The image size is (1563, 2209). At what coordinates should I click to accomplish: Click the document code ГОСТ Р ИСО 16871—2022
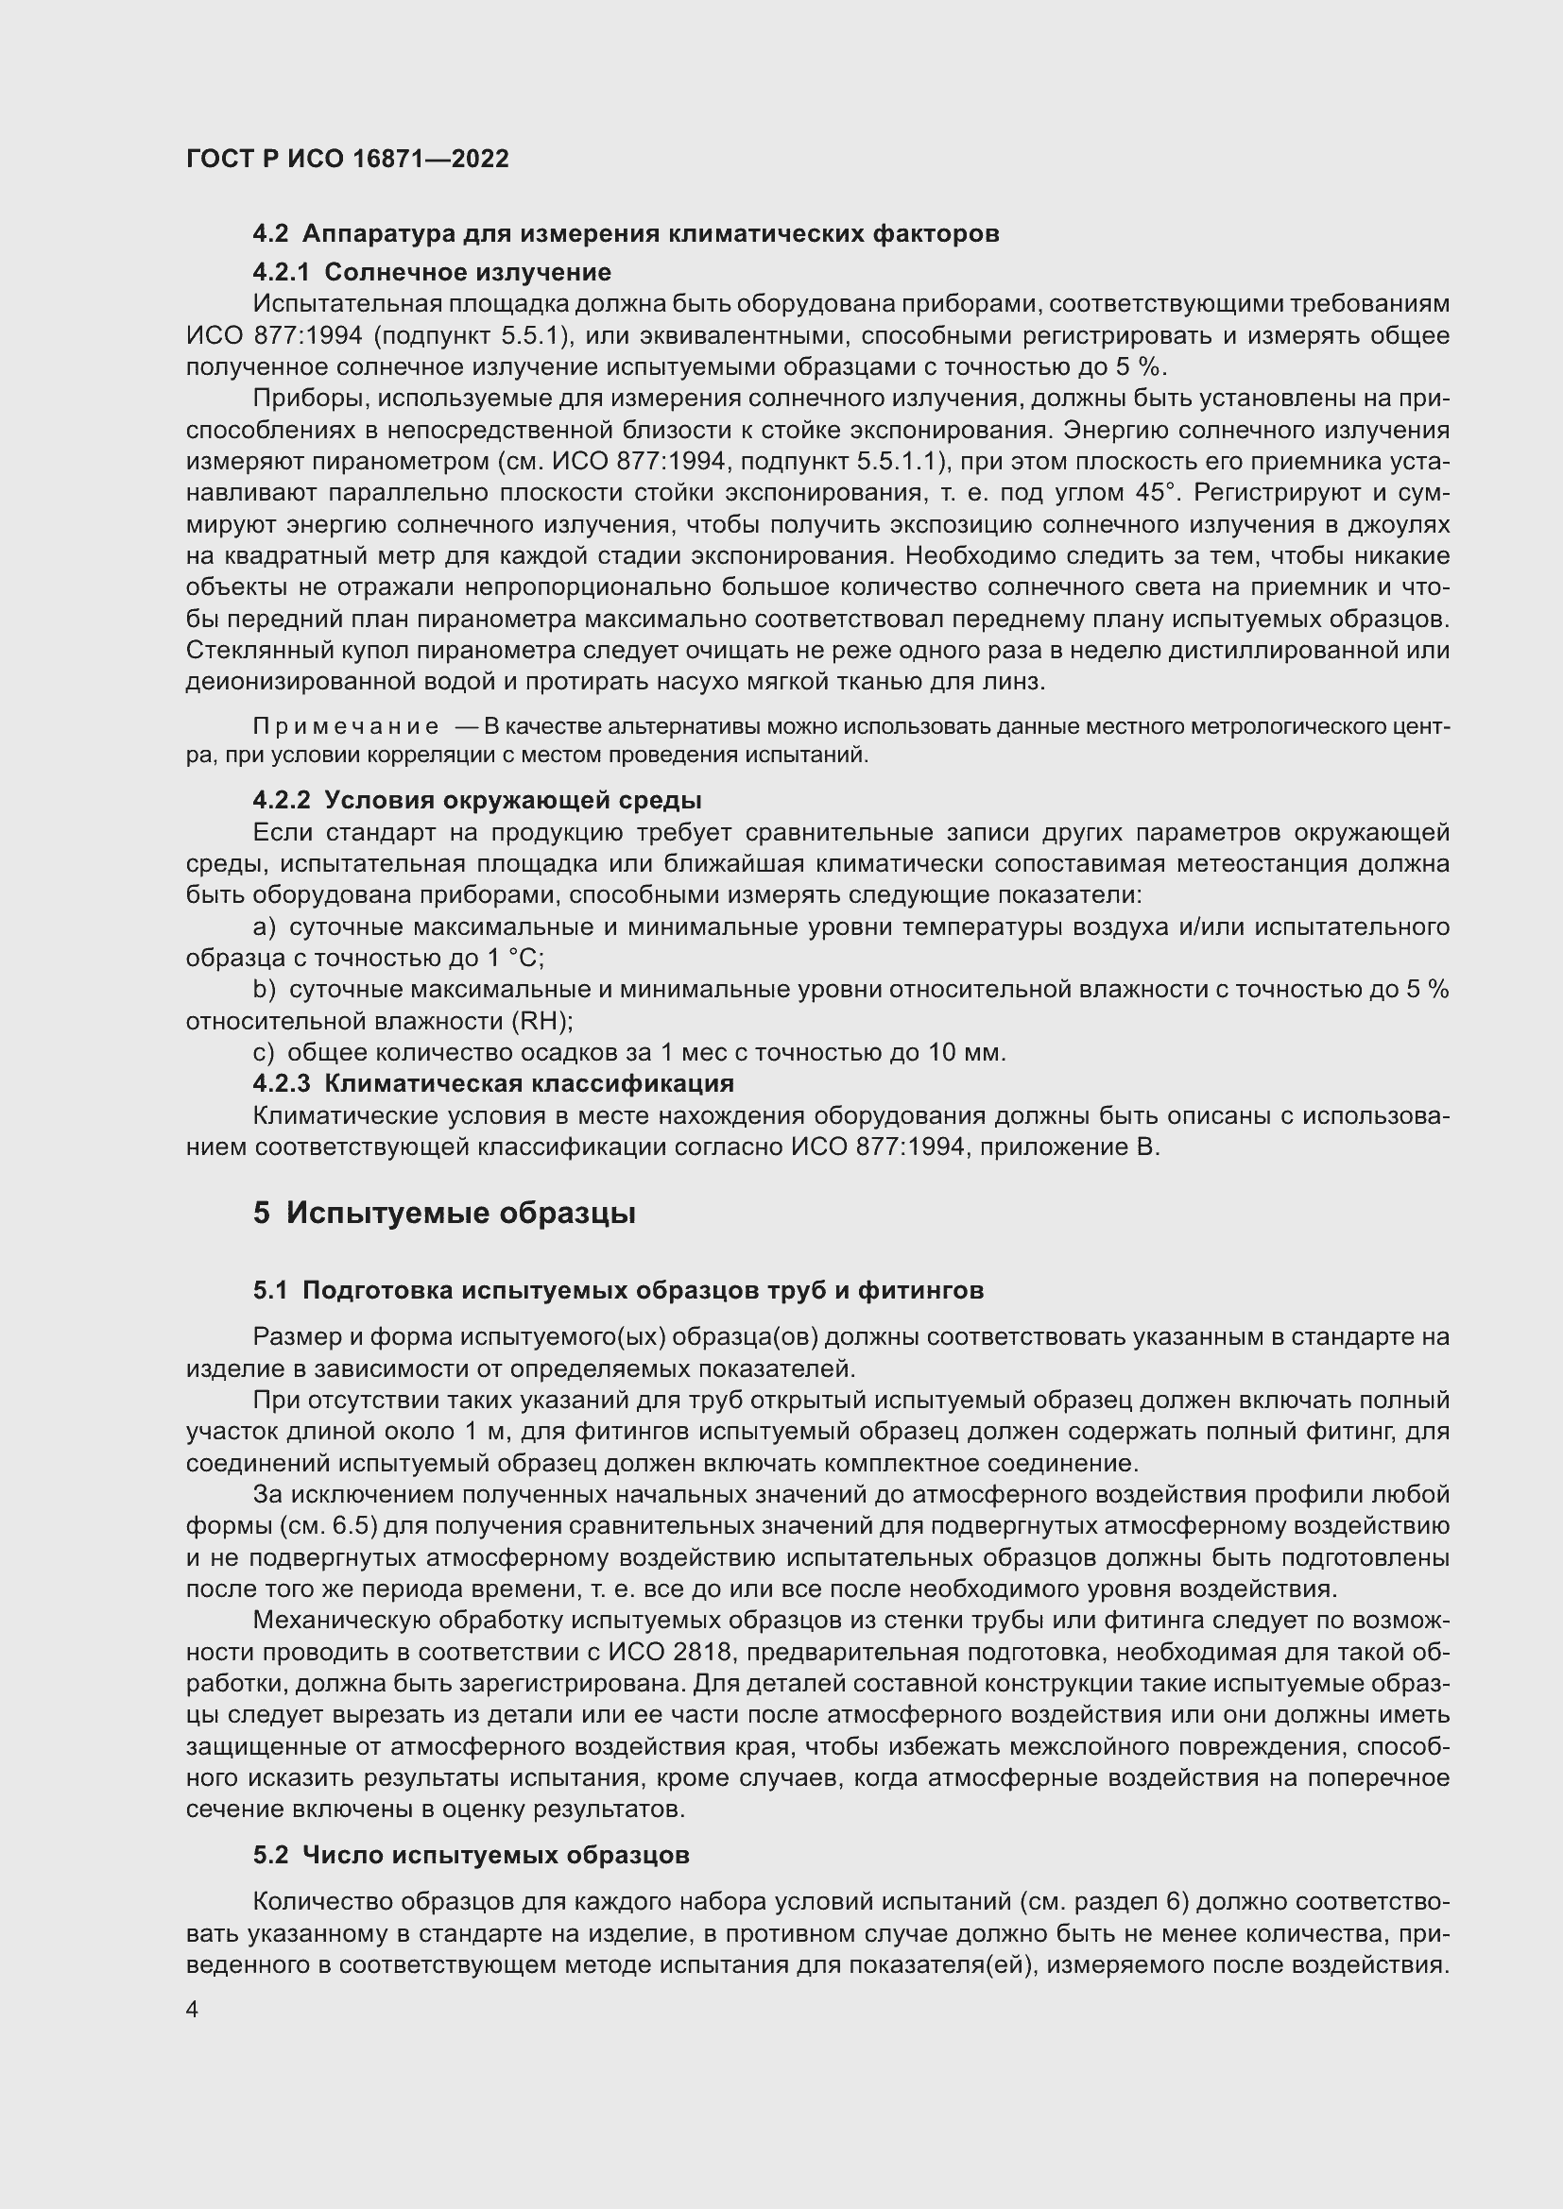click(x=348, y=159)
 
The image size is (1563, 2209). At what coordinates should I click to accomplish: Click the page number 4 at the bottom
click(x=193, y=2010)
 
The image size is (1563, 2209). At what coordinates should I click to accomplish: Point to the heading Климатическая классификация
click(x=528, y=1083)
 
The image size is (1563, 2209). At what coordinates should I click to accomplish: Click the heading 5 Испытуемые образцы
click(x=445, y=1214)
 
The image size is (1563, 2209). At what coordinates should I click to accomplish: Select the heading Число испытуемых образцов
click(x=496, y=1855)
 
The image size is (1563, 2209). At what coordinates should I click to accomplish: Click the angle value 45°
click(x=1156, y=493)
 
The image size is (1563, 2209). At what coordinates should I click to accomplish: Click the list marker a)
click(x=264, y=927)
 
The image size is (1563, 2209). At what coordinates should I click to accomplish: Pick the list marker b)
click(x=264, y=990)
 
